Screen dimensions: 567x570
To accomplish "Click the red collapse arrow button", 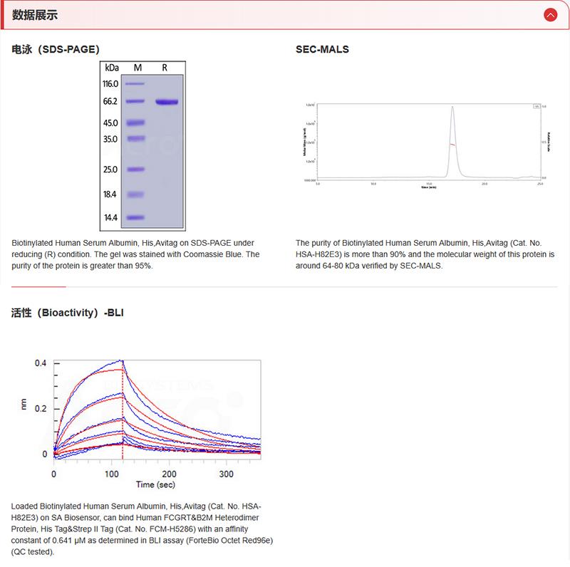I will tap(549, 14).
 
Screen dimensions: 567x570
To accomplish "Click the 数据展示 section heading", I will tap(35, 15).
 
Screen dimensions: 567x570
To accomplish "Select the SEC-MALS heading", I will tap(322, 50).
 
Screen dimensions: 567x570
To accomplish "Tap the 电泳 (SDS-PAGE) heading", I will tap(56, 50).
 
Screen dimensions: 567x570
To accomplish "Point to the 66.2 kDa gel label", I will tap(110, 102).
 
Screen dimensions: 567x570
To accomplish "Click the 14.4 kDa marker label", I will tap(110, 217).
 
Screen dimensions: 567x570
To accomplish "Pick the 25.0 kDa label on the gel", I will tap(110, 170).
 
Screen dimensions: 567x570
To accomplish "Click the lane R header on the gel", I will tap(165, 68).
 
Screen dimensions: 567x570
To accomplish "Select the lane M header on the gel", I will tap(138, 68).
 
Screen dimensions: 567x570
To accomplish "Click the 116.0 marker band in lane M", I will tap(135, 84).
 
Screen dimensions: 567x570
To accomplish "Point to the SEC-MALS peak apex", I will tap(452, 108).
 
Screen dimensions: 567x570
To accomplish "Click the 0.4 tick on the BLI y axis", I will tap(41, 363).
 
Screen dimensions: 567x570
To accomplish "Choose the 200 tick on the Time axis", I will tap(169, 474).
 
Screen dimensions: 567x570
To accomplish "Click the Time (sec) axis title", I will tap(156, 485).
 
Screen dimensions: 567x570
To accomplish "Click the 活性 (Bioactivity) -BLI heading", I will tap(68, 312).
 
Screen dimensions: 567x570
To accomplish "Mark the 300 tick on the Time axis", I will tap(226, 474).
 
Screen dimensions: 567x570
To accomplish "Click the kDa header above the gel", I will tap(111, 68).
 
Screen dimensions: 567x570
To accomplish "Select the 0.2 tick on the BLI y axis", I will tap(41, 408).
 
